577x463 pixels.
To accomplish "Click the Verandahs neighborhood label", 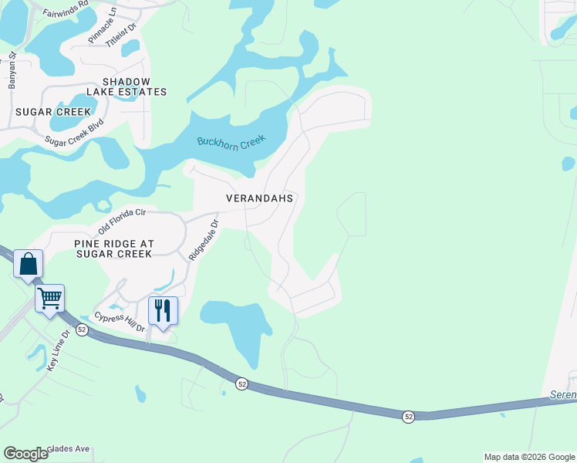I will [x=260, y=198].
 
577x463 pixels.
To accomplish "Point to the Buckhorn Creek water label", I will [x=231, y=142].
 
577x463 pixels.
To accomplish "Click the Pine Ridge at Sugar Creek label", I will [x=114, y=248].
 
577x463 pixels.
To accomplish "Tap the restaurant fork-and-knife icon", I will [x=163, y=310].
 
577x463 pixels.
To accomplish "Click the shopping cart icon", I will [x=50, y=297].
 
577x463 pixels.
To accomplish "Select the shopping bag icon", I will [x=29, y=264].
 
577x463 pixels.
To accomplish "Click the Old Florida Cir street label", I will [x=122, y=221].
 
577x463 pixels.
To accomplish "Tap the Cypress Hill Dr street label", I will [x=120, y=323].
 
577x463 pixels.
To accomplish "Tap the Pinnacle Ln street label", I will [x=102, y=25].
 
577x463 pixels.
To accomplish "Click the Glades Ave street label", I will [x=69, y=448].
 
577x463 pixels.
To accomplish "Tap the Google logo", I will [x=25, y=454].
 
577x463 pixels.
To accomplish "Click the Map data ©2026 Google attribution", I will [x=528, y=457].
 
